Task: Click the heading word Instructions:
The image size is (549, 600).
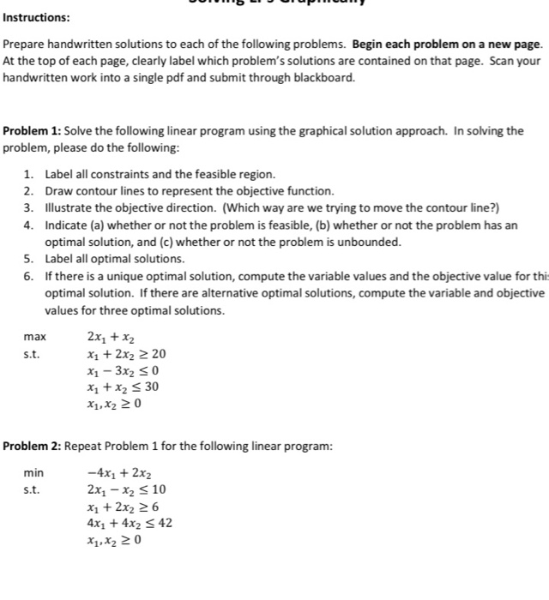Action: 37,17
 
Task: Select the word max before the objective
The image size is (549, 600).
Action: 35,337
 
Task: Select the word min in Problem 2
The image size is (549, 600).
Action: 33,472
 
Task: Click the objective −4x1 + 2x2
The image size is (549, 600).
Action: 120,472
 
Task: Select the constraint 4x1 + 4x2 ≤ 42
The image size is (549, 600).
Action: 130,523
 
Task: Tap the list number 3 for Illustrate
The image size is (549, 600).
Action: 28,207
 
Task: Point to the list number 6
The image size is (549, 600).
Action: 28,276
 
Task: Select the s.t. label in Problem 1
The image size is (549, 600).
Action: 32,354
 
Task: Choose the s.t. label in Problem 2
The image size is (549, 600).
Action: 32,489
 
